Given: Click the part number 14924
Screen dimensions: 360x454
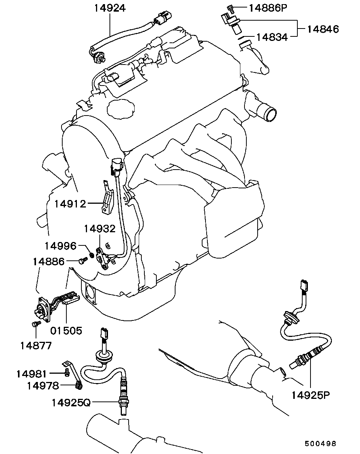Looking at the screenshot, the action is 110,8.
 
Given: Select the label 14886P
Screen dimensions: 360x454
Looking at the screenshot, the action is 268,8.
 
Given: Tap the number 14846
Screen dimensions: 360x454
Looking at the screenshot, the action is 323,29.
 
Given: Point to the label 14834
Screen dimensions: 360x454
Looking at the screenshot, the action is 272,38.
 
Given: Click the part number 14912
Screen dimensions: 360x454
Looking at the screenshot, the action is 70,204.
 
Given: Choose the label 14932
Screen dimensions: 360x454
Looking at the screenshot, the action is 100,229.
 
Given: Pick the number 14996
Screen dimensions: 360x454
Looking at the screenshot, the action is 60,246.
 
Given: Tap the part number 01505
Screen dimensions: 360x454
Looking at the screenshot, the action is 66,331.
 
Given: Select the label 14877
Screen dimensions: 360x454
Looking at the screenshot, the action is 36,346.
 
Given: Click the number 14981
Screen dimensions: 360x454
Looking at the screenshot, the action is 32,374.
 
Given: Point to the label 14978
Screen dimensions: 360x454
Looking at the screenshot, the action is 43,386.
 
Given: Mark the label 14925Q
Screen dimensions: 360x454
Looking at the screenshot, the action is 71,403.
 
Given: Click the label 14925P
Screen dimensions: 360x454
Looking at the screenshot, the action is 310,395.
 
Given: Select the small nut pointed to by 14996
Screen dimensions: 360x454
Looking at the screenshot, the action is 92,255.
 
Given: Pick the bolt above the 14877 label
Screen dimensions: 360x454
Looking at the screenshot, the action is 36,324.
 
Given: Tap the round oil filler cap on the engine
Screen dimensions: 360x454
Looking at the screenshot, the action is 121,109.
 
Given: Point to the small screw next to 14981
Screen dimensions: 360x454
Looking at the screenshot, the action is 67,374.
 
